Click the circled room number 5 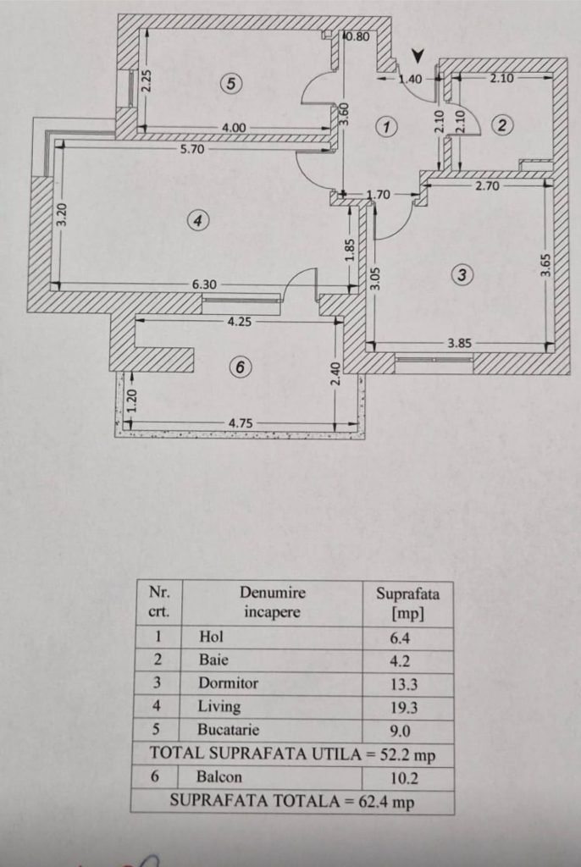(x=231, y=84)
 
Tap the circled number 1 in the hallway (x=386, y=127)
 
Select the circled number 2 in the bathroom (x=502, y=125)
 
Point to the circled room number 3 (x=462, y=275)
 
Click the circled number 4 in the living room (x=197, y=221)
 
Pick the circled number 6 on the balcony (x=241, y=367)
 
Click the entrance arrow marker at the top (x=419, y=56)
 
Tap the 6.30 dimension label (x=204, y=284)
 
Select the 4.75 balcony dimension (x=241, y=423)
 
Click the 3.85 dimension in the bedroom (x=459, y=343)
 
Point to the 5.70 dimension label (x=192, y=149)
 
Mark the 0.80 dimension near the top (x=357, y=37)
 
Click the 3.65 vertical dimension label (x=545, y=265)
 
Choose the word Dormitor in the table (x=228, y=683)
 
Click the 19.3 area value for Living (x=403, y=708)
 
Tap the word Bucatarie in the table (x=228, y=729)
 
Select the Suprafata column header (x=408, y=603)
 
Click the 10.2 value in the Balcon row (x=404, y=778)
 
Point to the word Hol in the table (x=212, y=637)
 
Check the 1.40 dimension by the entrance (x=411, y=79)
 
